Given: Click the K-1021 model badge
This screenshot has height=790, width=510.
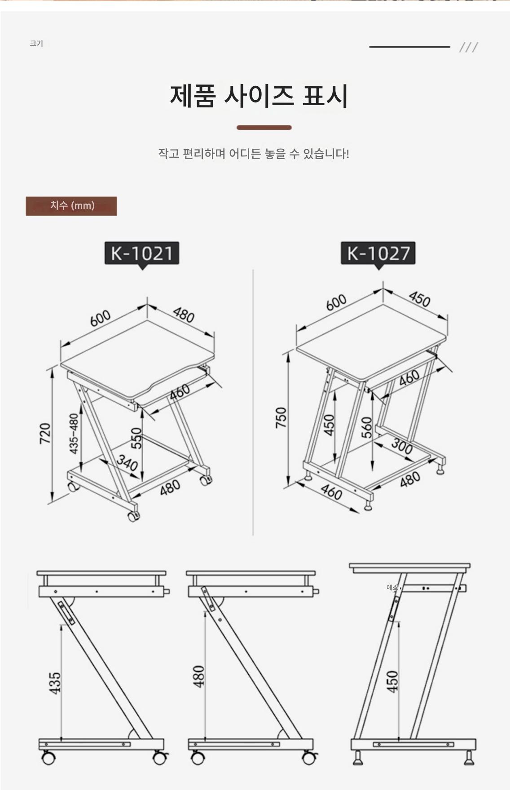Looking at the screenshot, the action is pyautogui.click(x=142, y=253).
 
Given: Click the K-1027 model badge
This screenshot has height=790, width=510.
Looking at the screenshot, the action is pyautogui.click(x=378, y=253).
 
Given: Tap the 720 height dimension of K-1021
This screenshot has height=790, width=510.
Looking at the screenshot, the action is pyautogui.click(x=45, y=434).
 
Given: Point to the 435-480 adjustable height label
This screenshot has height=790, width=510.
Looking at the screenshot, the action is pyautogui.click(x=74, y=434).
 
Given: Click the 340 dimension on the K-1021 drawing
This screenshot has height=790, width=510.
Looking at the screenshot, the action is pyautogui.click(x=127, y=463).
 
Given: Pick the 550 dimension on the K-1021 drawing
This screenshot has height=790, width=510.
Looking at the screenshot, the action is pyautogui.click(x=137, y=438).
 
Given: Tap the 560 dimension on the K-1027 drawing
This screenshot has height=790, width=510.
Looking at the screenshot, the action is pyautogui.click(x=367, y=427).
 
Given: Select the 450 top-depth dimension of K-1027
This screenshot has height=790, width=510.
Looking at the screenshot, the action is pyautogui.click(x=419, y=299).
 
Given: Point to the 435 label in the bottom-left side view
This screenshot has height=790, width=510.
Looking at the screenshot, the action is pyautogui.click(x=55, y=683).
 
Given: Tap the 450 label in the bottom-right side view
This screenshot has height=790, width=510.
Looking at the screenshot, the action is pyautogui.click(x=392, y=681).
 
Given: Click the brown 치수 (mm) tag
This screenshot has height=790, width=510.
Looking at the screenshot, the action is pyautogui.click(x=71, y=206).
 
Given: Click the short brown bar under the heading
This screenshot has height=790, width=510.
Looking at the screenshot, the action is pyautogui.click(x=264, y=128).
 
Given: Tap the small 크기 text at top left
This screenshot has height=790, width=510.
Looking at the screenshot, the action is pyautogui.click(x=36, y=44).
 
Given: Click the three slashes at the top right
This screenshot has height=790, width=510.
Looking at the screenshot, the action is pyautogui.click(x=469, y=47).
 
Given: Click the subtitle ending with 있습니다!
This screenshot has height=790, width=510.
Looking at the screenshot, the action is pyautogui.click(x=254, y=154).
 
